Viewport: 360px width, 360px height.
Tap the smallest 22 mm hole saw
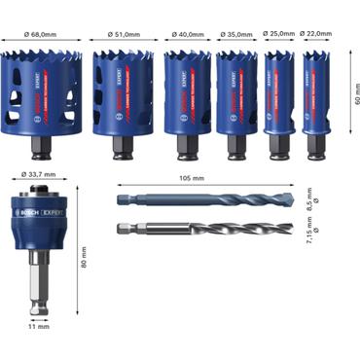click(x=315, y=102)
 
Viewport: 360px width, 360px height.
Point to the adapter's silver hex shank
click(x=37, y=292)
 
